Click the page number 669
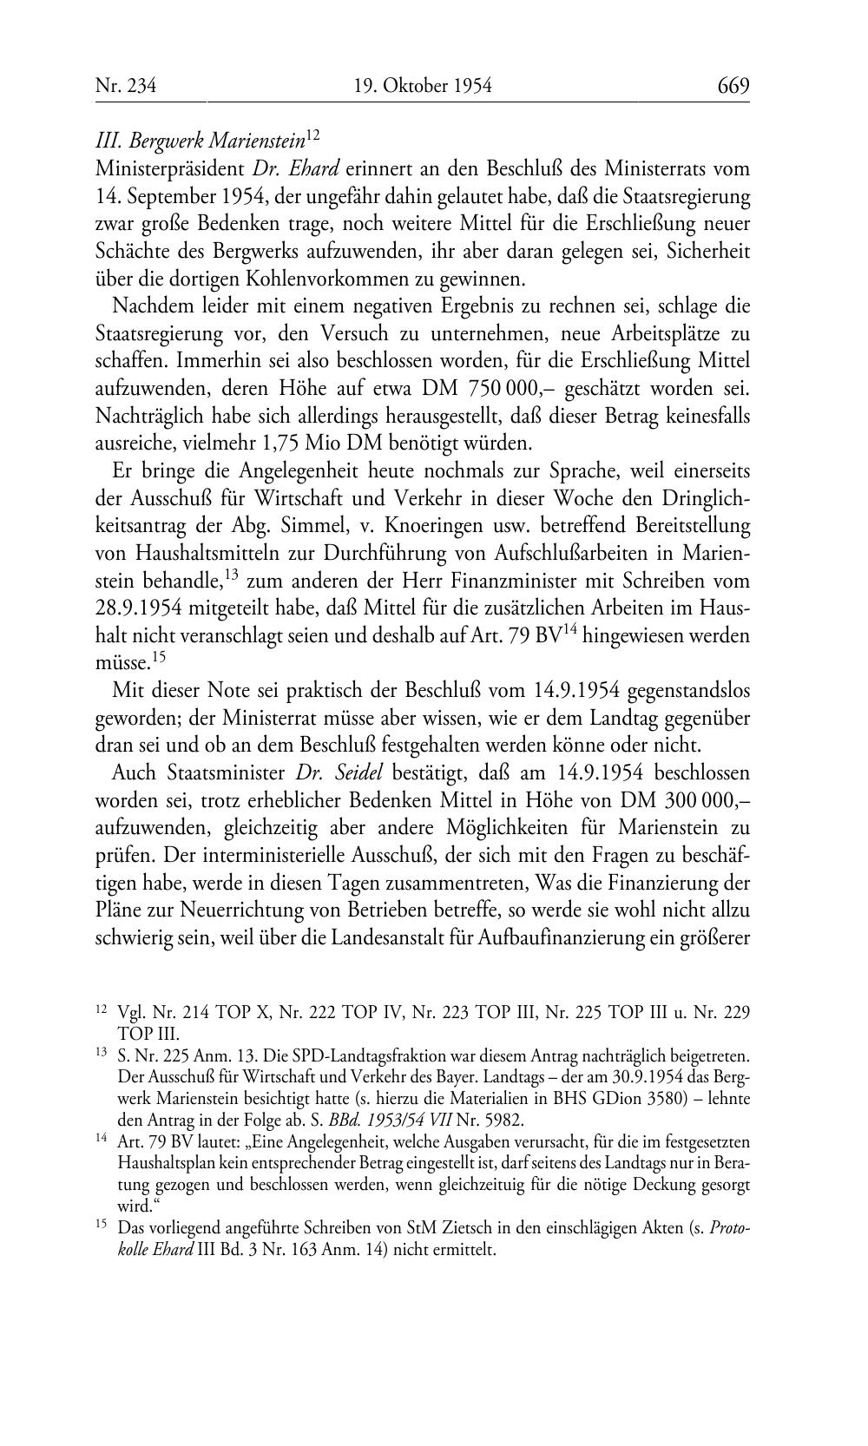pyautogui.click(x=733, y=86)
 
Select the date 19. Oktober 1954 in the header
pyautogui.click(x=423, y=86)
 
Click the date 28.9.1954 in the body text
pyautogui.click(x=142, y=608)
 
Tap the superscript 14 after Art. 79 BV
pyautogui.click(x=569, y=630)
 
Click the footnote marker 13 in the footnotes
pyautogui.click(x=101, y=1055)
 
